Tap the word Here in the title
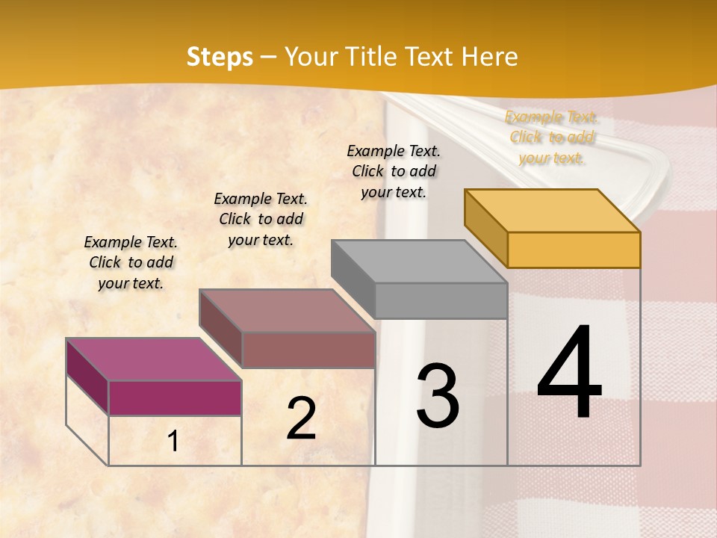click(x=489, y=57)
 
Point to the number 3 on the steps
click(x=437, y=395)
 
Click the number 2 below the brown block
click(x=301, y=418)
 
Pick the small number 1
click(x=173, y=442)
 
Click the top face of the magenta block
click(x=153, y=359)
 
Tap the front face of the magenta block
click(x=175, y=398)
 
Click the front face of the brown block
click(x=308, y=350)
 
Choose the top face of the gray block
click(x=419, y=262)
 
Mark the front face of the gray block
click(x=441, y=300)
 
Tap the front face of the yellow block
click(x=574, y=250)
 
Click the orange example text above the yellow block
click(x=551, y=137)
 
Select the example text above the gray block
click(x=394, y=171)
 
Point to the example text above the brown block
click(x=261, y=219)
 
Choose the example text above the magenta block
click(x=131, y=262)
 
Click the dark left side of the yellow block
click(x=485, y=228)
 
